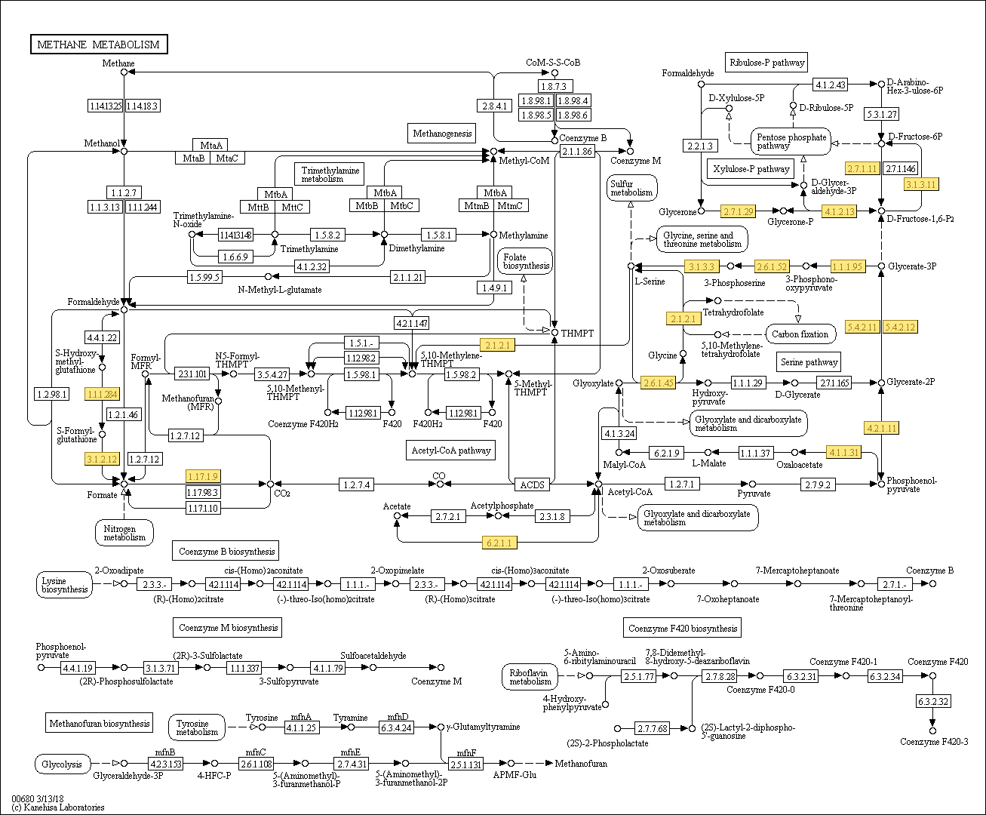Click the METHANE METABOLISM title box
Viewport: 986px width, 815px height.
tap(99, 45)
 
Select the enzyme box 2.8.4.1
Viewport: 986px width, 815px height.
tap(494, 106)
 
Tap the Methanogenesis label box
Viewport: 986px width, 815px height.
tap(442, 134)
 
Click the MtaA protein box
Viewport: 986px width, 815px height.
tap(210, 145)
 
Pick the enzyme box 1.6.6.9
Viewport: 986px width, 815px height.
tap(235, 257)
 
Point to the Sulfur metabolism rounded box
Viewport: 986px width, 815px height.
tap(631, 188)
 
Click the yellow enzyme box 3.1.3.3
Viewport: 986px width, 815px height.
tap(702, 266)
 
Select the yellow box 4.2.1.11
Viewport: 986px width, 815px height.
tap(881, 428)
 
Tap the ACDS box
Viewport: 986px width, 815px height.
tap(532, 484)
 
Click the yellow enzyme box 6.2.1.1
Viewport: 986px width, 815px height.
tap(499, 543)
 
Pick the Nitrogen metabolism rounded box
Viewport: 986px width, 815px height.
tap(124, 533)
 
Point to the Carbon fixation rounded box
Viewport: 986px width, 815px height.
tap(800, 334)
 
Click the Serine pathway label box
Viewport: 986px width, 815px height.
tap(809, 362)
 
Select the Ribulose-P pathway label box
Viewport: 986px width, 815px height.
tap(766, 63)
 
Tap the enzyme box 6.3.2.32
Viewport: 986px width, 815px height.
tap(932, 702)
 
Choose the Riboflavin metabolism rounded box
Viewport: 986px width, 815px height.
tap(530, 677)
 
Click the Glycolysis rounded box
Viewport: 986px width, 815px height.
tap(63, 764)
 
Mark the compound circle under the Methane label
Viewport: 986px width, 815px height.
tap(124, 72)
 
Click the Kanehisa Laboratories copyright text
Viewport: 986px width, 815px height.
tap(58, 807)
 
